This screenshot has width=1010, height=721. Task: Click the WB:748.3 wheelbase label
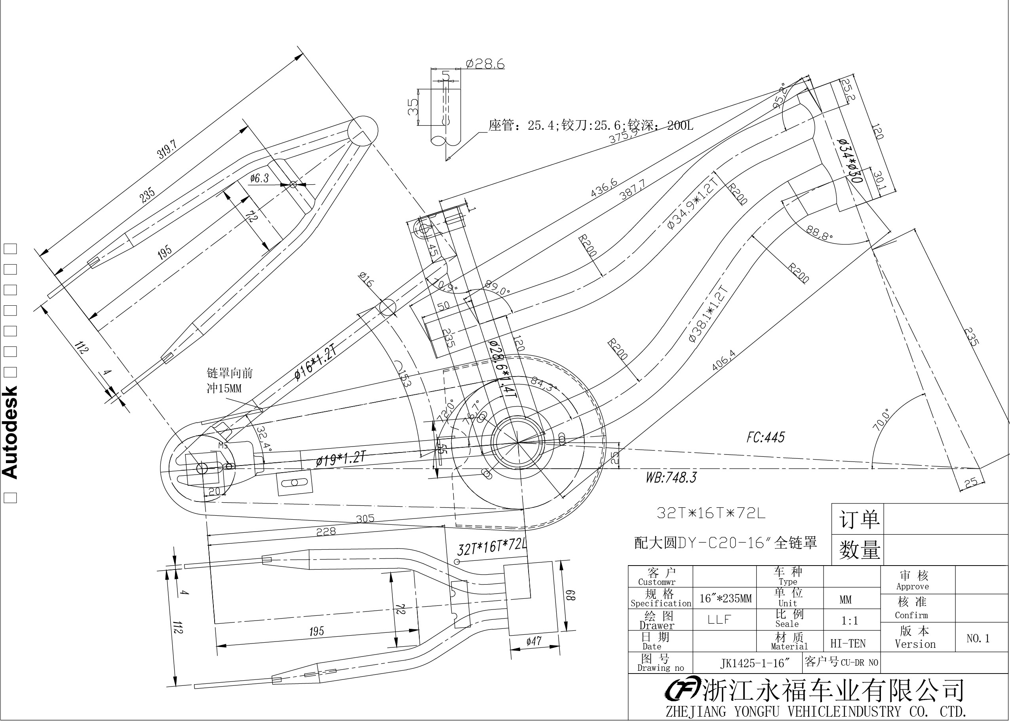[671, 478]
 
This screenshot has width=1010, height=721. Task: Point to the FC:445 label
[766, 437]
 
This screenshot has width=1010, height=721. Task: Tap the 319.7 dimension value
[167, 149]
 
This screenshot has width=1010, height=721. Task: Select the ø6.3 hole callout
[259, 178]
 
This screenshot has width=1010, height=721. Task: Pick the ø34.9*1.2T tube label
[694, 204]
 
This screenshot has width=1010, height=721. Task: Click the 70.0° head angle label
[882, 420]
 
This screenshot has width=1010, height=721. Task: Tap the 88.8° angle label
[820, 233]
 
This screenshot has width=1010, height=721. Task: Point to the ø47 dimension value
[534, 641]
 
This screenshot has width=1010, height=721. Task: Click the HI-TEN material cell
[848, 643]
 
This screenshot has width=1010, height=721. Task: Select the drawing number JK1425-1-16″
[755, 663]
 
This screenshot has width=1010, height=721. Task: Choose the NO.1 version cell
[978, 638]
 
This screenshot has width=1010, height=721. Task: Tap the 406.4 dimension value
[724, 360]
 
